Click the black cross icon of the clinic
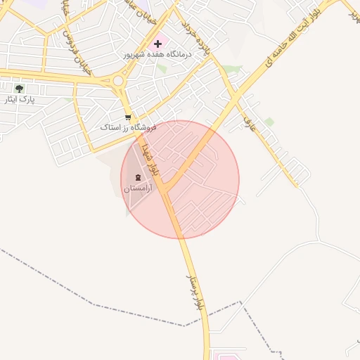tap(157, 44)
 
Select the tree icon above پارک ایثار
tap(19, 89)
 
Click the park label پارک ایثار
tap(19, 100)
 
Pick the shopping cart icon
tap(127, 117)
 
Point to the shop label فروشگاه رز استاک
tap(127, 128)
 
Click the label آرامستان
tap(137, 188)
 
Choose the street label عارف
tap(247, 123)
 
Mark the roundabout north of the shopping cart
tap(117, 81)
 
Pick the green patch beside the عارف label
tap(269, 122)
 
